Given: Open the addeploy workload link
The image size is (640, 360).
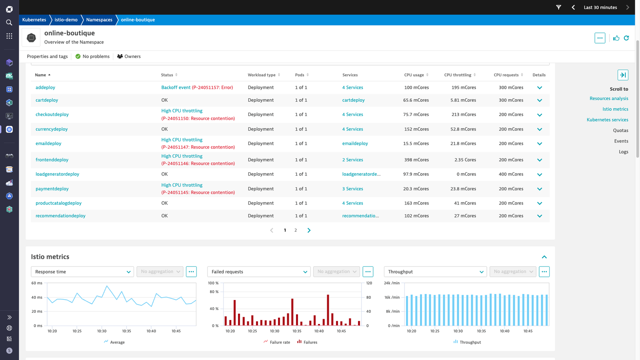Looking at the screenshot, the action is click(x=45, y=88).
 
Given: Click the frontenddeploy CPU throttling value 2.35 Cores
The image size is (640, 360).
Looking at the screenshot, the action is click(x=465, y=160).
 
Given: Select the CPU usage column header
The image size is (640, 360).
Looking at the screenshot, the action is click(x=414, y=75).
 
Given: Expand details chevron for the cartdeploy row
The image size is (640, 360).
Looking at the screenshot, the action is click(x=540, y=100).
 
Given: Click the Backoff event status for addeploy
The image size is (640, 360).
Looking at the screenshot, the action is click(x=197, y=88).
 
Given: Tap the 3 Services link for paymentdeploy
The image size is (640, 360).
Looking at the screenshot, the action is click(x=352, y=189).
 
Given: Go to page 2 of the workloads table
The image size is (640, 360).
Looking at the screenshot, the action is click(x=296, y=230).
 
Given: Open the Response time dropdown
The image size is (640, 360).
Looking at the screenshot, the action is click(x=82, y=272).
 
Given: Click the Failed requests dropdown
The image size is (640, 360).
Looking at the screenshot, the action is click(x=259, y=272).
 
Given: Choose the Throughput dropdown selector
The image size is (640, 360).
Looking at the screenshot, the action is click(x=435, y=272).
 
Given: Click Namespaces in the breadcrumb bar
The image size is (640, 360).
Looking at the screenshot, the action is click(x=99, y=20).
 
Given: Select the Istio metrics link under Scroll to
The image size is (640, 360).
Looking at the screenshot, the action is click(x=615, y=109).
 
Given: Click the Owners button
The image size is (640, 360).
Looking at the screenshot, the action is click(x=129, y=56).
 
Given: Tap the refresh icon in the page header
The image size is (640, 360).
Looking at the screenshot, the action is click(x=626, y=38).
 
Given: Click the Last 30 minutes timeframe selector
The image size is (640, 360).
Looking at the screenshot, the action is click(x=600, y=8).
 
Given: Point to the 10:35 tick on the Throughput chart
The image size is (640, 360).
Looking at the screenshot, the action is click(x=481, y=331).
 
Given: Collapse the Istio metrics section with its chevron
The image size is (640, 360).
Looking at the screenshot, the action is click(x=544, y=257).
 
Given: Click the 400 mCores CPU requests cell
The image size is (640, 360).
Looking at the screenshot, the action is click(x=511, y=174).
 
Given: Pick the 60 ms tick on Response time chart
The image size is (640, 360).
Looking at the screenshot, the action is click(x=36, y=283).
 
